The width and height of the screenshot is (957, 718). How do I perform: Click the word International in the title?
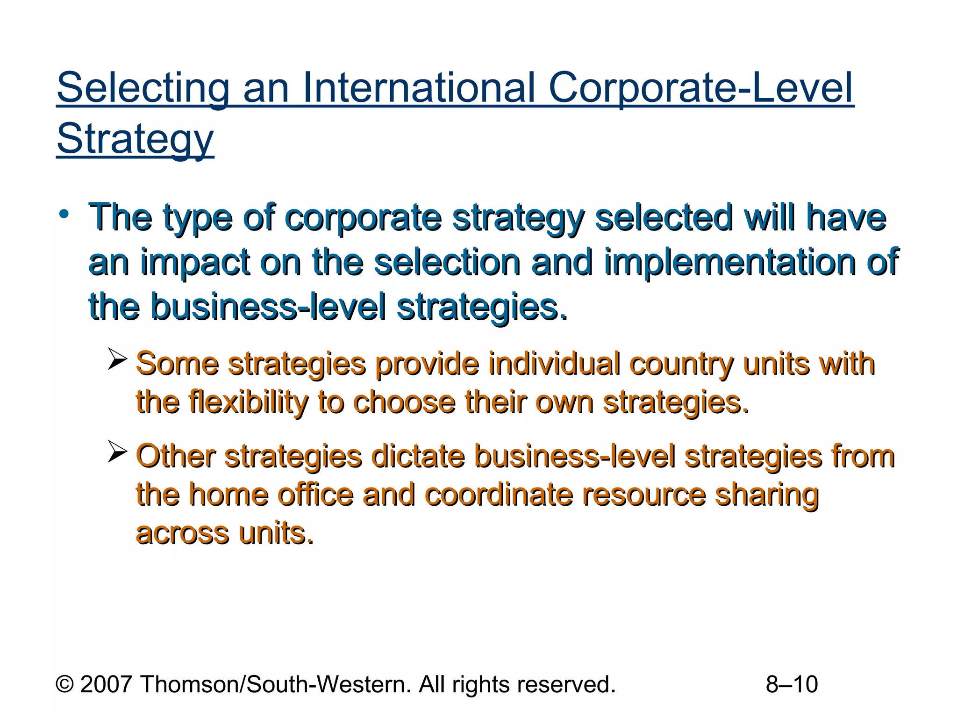pyautogui.click(x=418, y=88)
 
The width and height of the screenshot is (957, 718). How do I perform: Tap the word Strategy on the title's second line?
pyautogui.click(x=135, y=139)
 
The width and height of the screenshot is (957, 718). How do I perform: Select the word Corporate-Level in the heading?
pyautogui.click(x=701, y=88)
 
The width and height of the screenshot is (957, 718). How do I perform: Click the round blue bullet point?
pyautogui.click(x=64, y=215)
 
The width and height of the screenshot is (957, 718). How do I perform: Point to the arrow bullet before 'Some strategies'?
pyautogui.click(x=117, y=359)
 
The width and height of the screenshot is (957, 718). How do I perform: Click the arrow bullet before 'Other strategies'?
pyautogui.click(x=117, y=451)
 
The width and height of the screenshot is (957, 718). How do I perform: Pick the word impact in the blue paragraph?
pyautogui.click(x=195, y=263)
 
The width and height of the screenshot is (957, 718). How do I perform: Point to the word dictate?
pyautogui.click(x=418, y=456)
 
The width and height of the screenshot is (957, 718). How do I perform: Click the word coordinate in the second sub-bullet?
pyautogui.click(x=499, y=495)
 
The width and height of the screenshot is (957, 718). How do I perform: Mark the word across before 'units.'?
pyautogui.click(x=183, y=533)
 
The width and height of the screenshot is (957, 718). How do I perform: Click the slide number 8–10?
pyautogui.click(x=792, y=684)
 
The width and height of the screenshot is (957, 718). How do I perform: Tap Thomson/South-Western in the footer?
pyautogui.click(x=276, y=684)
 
